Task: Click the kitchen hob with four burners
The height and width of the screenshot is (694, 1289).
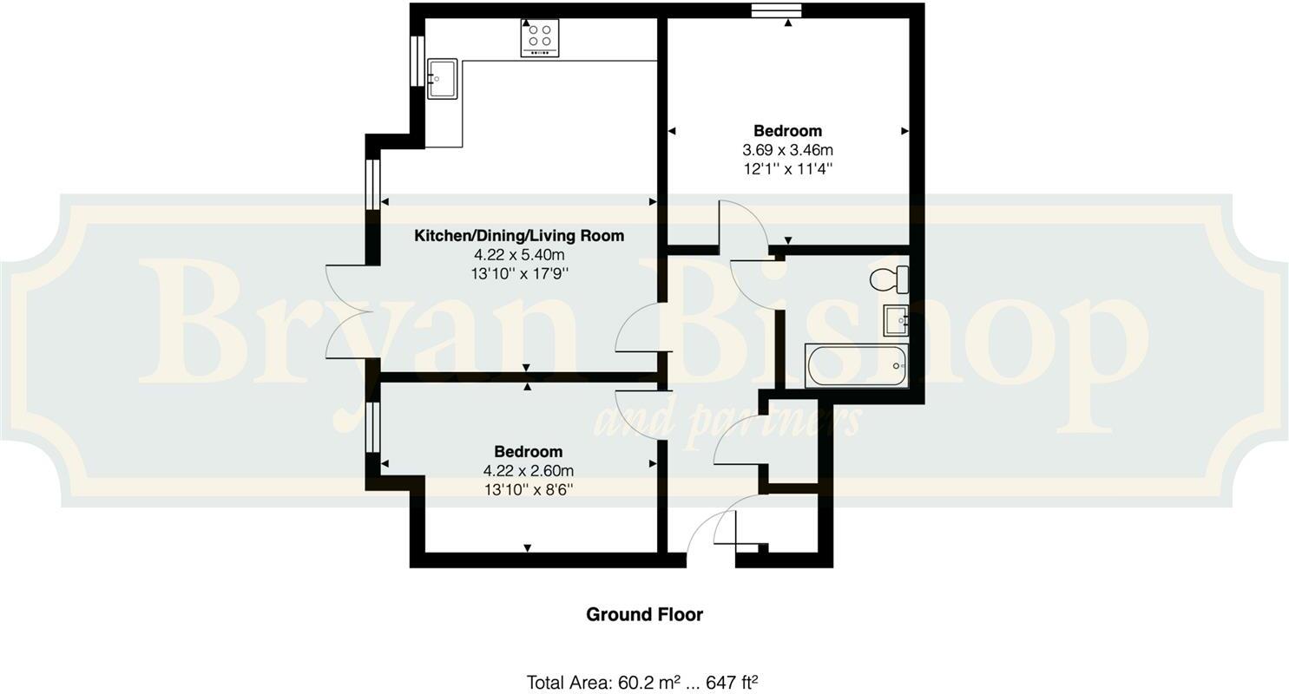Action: pos(539,37)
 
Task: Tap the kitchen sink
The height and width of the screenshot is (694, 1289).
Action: pos(442,78)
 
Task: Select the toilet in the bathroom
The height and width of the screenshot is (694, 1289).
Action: pos(889,280)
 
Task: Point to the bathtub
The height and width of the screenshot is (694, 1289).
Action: pos(857,365)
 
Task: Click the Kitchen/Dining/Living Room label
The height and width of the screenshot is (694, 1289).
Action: pos(519,235)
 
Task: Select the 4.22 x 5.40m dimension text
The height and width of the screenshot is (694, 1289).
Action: pos(519,254)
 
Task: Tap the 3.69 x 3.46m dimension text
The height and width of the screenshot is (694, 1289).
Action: pos(787,150)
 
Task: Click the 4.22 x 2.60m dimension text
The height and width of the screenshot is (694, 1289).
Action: pos(528,470)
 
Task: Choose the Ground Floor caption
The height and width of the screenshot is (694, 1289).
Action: pos(644,614)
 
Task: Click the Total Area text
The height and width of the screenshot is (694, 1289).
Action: pos(642,682)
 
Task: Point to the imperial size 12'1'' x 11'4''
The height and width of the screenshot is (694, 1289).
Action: pos(787,169)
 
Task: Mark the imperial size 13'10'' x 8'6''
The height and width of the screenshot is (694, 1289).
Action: pos(528,489)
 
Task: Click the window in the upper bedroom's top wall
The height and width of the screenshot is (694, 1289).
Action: pos(776,10)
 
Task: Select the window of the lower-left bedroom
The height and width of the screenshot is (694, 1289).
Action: pos(372,426)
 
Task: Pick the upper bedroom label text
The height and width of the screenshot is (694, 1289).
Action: pos(787,131)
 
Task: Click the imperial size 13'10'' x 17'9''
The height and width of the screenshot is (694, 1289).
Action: pos(519,273)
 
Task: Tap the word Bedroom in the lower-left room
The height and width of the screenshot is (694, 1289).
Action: pos(528,451)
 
